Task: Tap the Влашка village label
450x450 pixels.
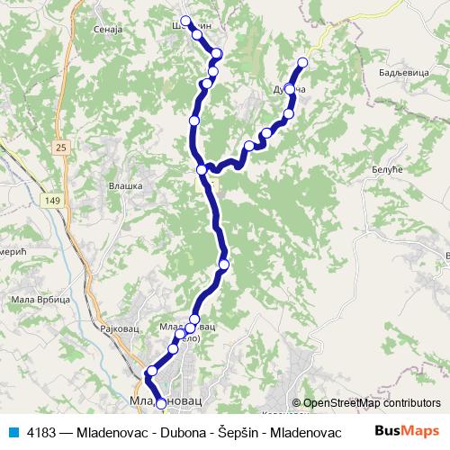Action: coord(126,185)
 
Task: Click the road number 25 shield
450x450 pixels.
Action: coord(60,147)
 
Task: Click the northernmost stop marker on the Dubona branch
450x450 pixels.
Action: coord(302,62)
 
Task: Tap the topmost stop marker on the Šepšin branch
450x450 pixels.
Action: coord(185,21)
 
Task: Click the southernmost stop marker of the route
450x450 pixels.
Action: coord(161,405)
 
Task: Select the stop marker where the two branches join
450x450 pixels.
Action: coord(202,169)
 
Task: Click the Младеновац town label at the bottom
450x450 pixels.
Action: coord(163,396)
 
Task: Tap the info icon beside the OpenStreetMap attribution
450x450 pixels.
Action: coord(296,403)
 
